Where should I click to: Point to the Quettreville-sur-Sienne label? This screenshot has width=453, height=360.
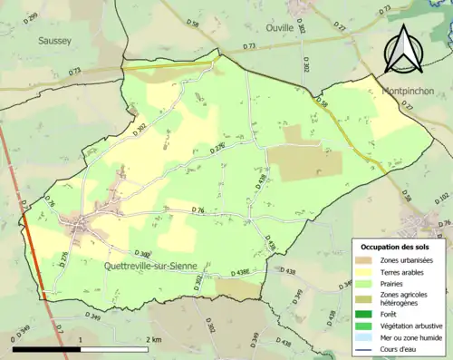pyautogui.click(x=157, y=266)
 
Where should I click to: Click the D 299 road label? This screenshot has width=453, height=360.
pyautogui.click(x=33, y=17)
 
